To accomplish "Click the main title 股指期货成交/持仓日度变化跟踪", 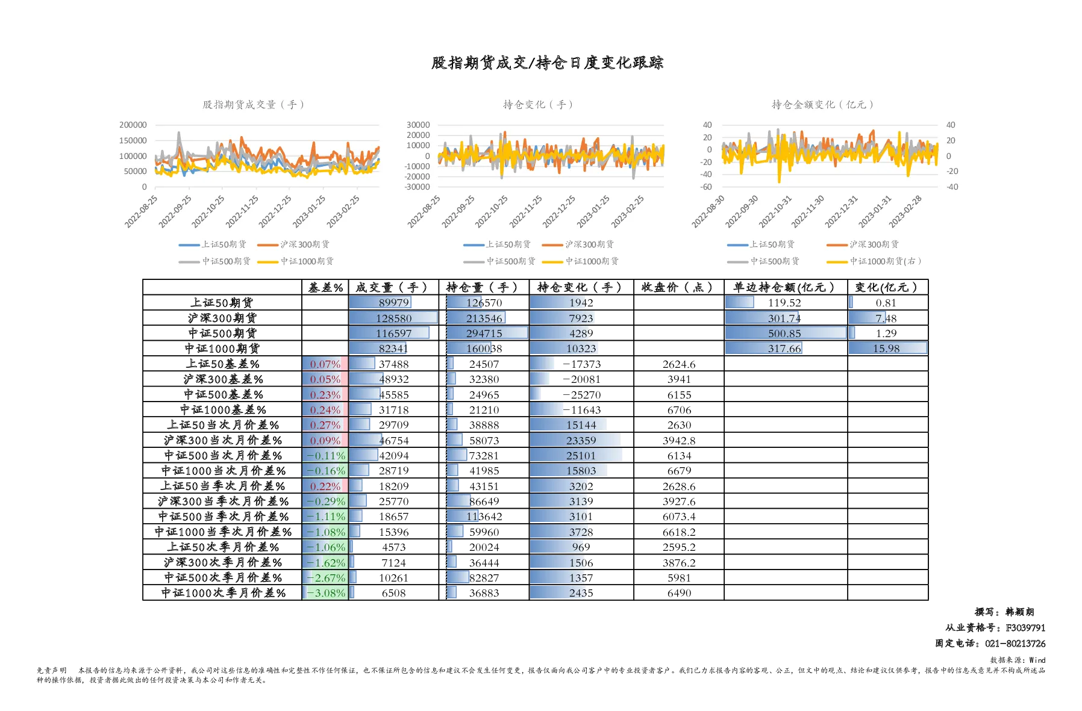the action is tap(547, 63).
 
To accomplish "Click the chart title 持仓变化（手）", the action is tap(537, 105).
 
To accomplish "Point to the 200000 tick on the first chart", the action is tap(133, 125).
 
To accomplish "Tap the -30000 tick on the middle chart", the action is tap(417, 187).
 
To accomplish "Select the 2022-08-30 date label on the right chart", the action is tap(708, 211).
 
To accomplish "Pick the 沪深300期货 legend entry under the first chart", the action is tap(293, 244).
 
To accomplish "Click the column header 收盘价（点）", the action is tap(678, 287).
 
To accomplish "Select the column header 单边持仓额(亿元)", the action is tap(784, 287).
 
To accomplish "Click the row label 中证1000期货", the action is tap(222, 349).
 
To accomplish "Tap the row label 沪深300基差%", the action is tap(223, 379).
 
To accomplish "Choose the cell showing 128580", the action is tap(394, 318).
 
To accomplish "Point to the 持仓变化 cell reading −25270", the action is tap(581, 395).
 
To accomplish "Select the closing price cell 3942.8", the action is tap(679, 441).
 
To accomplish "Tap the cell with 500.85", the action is tap(784, 334).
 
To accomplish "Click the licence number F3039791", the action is tap(1025, 628).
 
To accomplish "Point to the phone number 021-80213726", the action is tap(1015, 644).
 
